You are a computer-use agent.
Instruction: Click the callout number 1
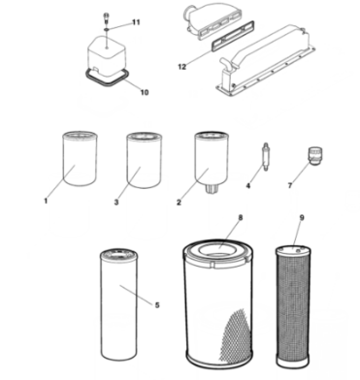pyautogui.click(x=47, y=202)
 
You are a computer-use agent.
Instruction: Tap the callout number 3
pyautogui.click(x=116, y=202)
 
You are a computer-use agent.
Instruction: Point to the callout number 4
pyautogui.click(x=248, y=184)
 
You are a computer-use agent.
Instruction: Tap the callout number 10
pyautogui.click(x=146, y=93)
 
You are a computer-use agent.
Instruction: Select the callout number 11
pyautogui.click(x=136, y=21)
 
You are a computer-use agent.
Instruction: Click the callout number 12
pyautogui.click(x=181, y=67)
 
